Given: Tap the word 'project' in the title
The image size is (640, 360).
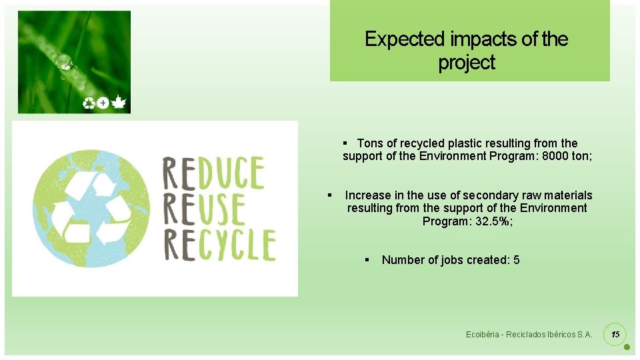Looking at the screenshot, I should pos(467,63).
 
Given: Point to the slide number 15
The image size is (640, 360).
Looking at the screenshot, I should pos(615,333).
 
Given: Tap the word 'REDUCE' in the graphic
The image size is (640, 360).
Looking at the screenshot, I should pos(214,173).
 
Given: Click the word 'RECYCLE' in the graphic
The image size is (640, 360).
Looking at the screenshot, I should pos(219,245).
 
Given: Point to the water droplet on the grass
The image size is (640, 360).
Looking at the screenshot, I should pos(63,63).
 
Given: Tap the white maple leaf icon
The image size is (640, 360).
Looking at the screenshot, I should pos(119,103).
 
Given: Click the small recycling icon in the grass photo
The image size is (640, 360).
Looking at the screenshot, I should pos(89,103).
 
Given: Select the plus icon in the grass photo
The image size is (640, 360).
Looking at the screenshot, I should pos(103,103).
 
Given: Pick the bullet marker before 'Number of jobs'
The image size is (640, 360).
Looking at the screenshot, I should pos(367,260).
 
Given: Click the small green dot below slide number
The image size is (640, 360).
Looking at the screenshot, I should pos(627,347).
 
